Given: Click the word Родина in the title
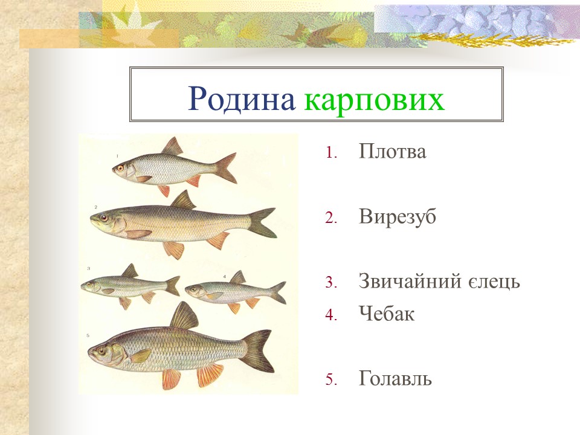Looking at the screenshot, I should (x=240, y=99).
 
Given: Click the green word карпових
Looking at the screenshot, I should (x=375, y=100).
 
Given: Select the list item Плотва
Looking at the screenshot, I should (x=392, y=152).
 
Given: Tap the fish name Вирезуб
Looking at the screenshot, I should (x=397, y=217).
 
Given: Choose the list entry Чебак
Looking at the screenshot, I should (x=386, y=314).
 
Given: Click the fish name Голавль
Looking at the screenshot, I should (x=395, y=379).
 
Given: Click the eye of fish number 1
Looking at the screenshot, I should (x=121, y=167).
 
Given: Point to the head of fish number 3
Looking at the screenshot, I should (x=91, y=284).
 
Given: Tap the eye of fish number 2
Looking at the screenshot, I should (x=104, y=217).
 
